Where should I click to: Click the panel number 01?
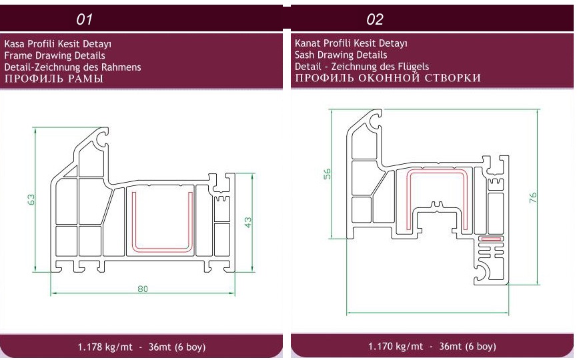[84, 19]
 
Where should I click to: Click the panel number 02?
[375, 19]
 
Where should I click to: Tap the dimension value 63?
[31, 199]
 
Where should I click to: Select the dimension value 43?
[248, 222]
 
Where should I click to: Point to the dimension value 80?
[143, 289]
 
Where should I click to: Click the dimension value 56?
[327, 173]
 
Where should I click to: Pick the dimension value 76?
[532, 197]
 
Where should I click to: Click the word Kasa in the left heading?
[15, 44]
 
